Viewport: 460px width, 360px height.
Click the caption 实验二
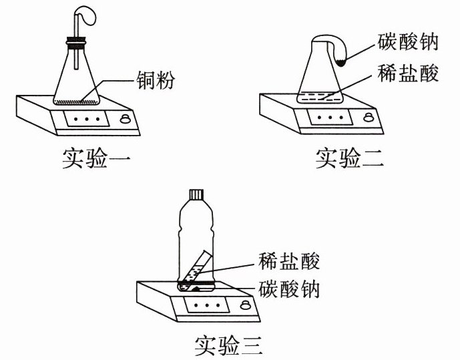(349, 158)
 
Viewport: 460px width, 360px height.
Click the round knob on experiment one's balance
(124, 119)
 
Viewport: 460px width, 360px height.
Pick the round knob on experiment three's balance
(246, 305)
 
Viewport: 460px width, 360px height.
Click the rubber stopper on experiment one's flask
(77, 46)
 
